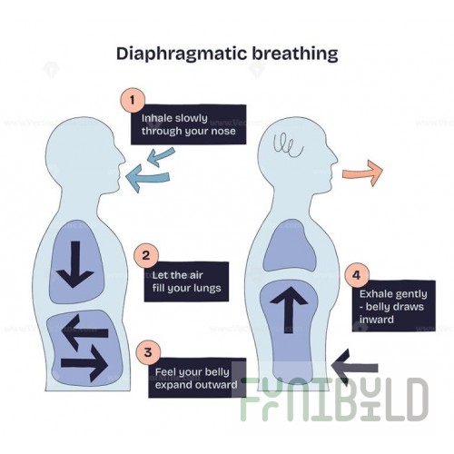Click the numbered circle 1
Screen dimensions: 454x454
(133, 100)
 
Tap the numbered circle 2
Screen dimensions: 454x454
(146, 256)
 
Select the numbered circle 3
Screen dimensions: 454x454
(148, 352)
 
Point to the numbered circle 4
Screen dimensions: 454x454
(357, 275)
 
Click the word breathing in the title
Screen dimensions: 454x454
(295, 54)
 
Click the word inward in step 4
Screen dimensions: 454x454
(377, 320)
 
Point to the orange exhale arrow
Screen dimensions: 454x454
(362, 173)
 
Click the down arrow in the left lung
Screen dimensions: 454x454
(75, 264)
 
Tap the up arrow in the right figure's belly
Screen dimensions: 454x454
(289, 310)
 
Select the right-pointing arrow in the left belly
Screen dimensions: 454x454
(84, 364)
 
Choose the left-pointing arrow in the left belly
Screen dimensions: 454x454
(84, 332)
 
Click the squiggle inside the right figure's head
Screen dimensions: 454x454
(288, 145)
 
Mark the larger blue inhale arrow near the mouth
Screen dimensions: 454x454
(148, 178)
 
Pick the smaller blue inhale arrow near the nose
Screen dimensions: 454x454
(161, 157)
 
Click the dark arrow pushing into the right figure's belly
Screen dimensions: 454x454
(354, 368)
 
